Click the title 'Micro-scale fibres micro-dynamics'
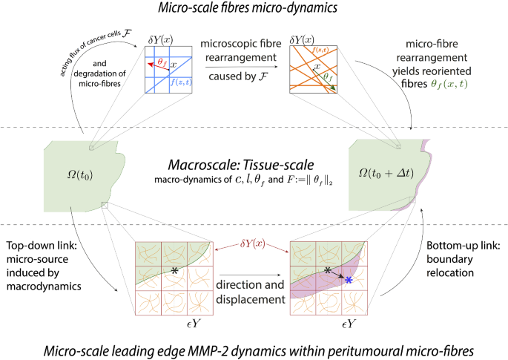tap(253, 8)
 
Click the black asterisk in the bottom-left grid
tap(174, 271)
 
